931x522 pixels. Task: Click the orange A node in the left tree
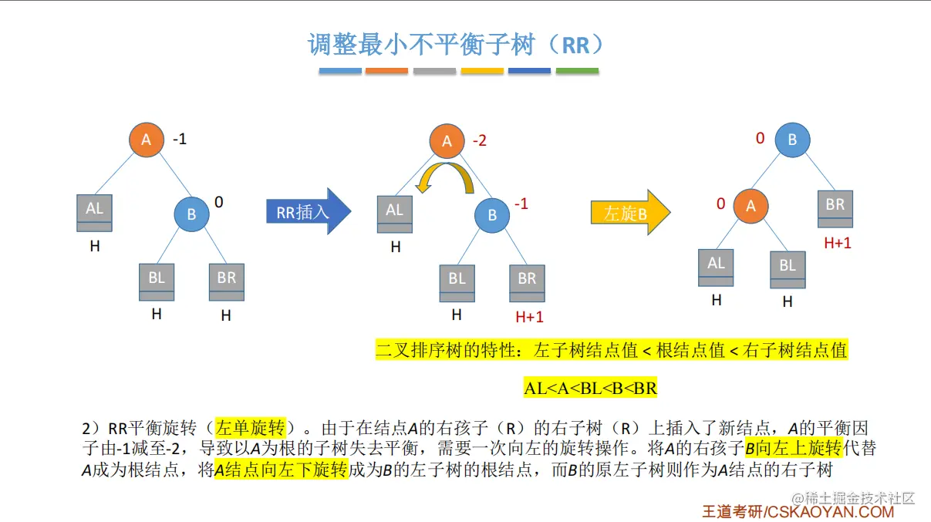point(147,140)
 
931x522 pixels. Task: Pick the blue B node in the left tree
point(192,214)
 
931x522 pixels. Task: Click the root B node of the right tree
point(792,140)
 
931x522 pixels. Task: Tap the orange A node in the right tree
point(751,204)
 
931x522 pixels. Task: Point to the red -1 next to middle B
point(521,204)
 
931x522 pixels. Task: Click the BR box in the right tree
point(835,208)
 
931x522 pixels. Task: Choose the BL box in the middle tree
point(457,282)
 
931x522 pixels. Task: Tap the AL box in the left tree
point(94,213)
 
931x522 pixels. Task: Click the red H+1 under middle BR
point(529,316)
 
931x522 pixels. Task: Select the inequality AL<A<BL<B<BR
point(591,389)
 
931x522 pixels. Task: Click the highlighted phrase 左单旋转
point(251,428)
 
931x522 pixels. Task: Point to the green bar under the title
point(577,71)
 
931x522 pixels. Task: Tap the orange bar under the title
point(386,71)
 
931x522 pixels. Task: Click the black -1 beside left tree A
point(180,140)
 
